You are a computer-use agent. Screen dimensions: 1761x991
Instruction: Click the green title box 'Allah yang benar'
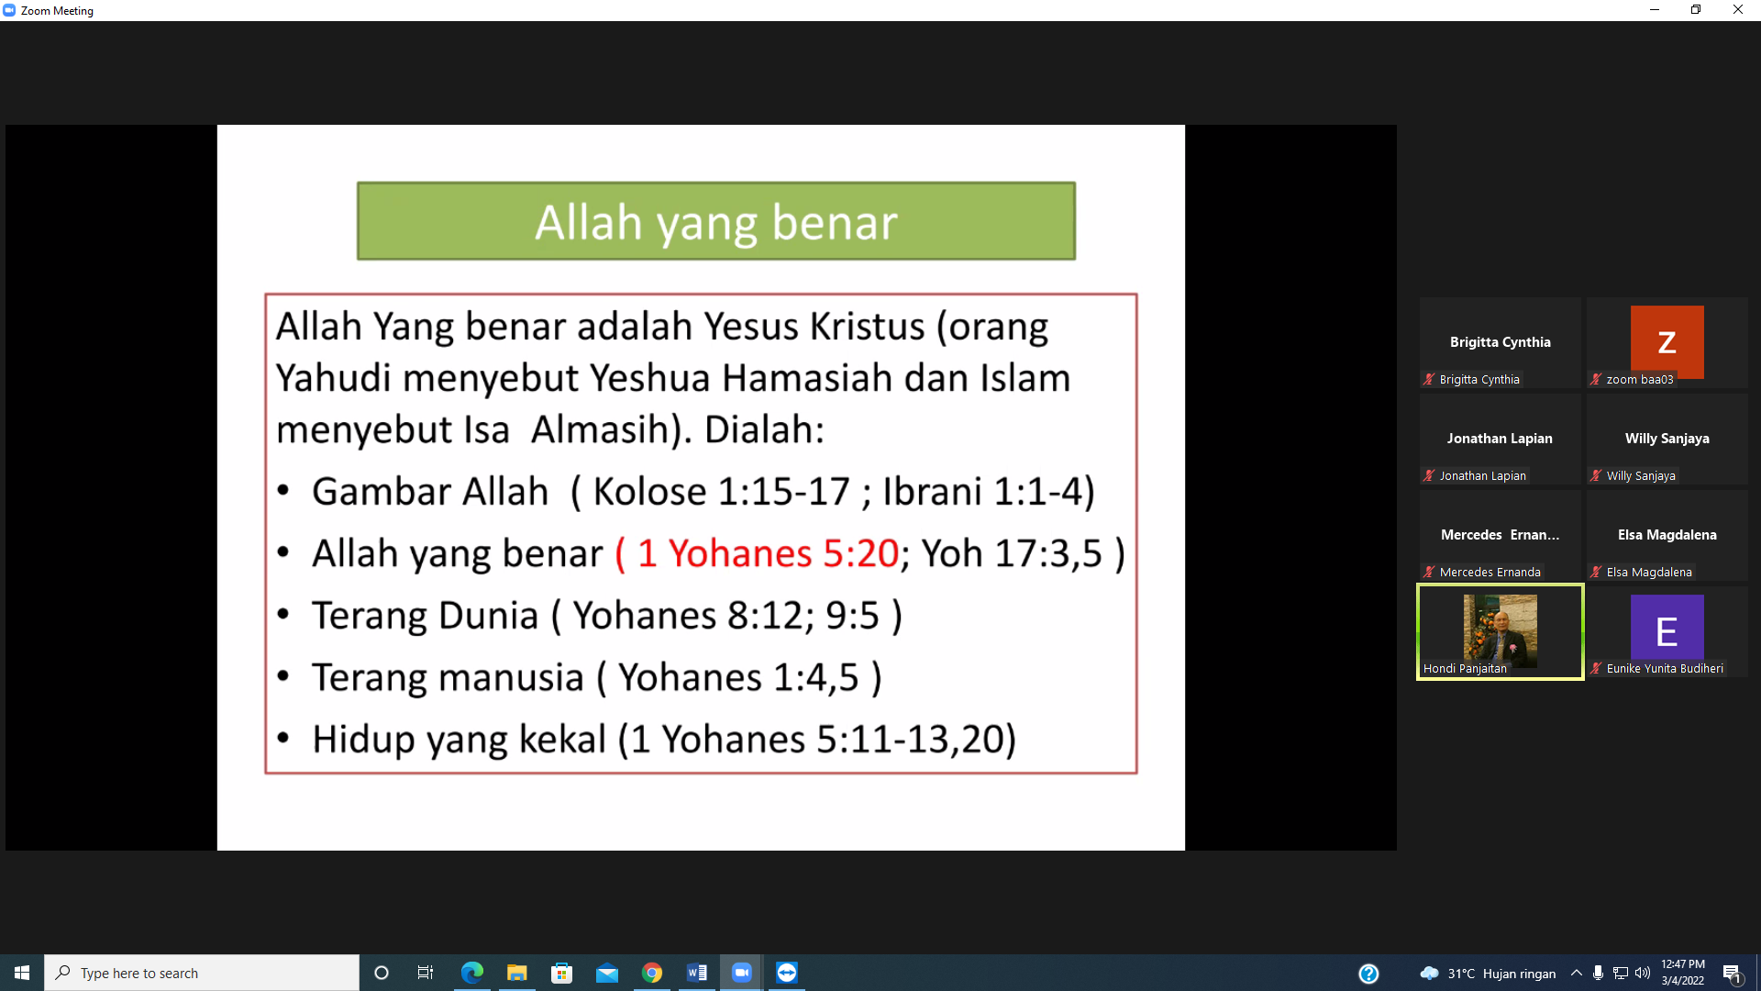715,221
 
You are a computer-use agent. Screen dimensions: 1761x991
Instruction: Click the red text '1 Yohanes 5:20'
768,553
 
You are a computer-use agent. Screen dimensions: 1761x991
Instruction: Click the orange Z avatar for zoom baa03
1667,341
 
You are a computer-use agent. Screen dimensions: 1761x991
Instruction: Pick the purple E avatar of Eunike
1667,630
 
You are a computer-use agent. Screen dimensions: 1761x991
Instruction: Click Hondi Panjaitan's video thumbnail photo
1500,630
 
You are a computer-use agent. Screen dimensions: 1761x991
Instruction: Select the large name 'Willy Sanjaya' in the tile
1667,439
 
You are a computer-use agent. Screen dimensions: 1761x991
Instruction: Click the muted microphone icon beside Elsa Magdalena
1596,572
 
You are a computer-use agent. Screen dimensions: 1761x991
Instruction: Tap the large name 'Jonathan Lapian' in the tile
1500,439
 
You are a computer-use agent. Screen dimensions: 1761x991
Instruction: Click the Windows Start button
22,973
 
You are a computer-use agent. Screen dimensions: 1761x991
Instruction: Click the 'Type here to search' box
202,973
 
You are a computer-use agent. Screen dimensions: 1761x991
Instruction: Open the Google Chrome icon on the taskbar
652,973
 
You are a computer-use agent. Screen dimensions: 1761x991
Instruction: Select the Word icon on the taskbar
697,973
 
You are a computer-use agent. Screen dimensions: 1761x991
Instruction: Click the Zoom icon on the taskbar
742,973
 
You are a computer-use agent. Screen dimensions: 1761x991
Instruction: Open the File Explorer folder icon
517,973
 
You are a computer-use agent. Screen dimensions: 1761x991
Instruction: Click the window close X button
1738,10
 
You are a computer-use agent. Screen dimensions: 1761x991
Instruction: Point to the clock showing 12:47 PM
1683,964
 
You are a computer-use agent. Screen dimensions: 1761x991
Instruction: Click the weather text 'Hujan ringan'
1519,974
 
